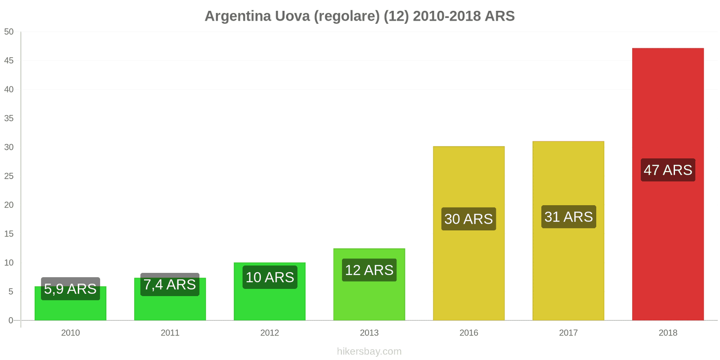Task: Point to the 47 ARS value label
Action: (668, 170)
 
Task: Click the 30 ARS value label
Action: (468, 219)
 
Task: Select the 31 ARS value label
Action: (568, 217)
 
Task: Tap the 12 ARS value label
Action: (369, 270)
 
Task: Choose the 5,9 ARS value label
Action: (70, 289)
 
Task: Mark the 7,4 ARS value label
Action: (170, 285)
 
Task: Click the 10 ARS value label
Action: (270, 277)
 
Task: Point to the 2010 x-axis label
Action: (70, 333)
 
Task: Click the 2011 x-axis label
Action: (170, 333)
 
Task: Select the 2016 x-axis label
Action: (468, 333)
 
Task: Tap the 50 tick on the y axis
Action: (9, 32)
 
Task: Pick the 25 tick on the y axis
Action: (9, 176)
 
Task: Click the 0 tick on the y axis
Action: (11, 320)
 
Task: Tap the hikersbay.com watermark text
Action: (369, 351)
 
